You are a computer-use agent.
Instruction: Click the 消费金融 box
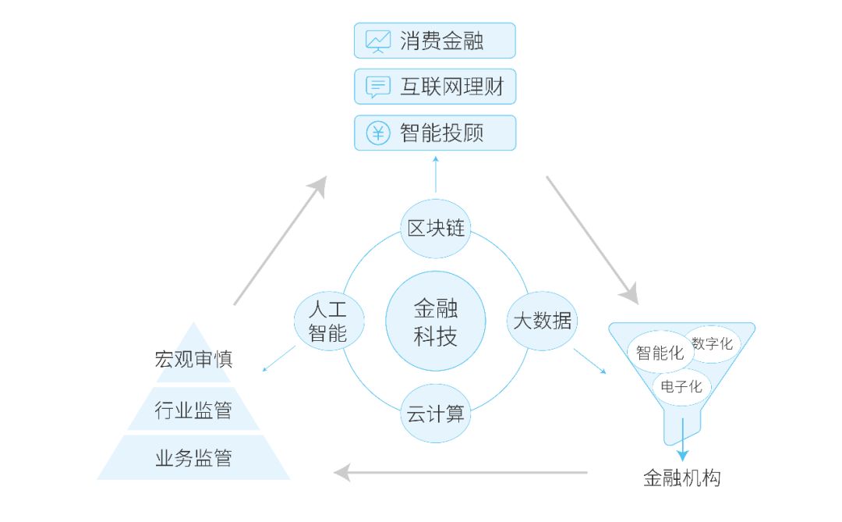[x=435, y=41]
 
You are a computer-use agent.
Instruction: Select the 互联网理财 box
[x=435, y=87]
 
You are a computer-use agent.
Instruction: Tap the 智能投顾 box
[x=435, y=133]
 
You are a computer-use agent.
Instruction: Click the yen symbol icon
[x=378, y=133]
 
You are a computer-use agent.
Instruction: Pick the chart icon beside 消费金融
[x=378, y=41]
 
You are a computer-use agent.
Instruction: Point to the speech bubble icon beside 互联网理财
[x=378, y=87]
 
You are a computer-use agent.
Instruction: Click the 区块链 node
[x=436, y=228]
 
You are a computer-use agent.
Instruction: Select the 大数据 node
[x=542, y=320]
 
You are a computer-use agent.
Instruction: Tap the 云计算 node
[x=436, y=414]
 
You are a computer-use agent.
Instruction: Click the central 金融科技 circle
[x=436, y=321]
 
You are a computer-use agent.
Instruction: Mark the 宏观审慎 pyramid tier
[x=193, y=360]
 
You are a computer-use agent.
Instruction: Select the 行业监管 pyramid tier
[x=193, y=410]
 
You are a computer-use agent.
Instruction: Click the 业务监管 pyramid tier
[x=193, y=458]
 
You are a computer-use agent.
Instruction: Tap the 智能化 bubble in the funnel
[x=660, y=353]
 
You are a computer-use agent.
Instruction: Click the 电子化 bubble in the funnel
[x=681, y=386]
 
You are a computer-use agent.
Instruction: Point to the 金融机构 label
[x=682, y=478]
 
